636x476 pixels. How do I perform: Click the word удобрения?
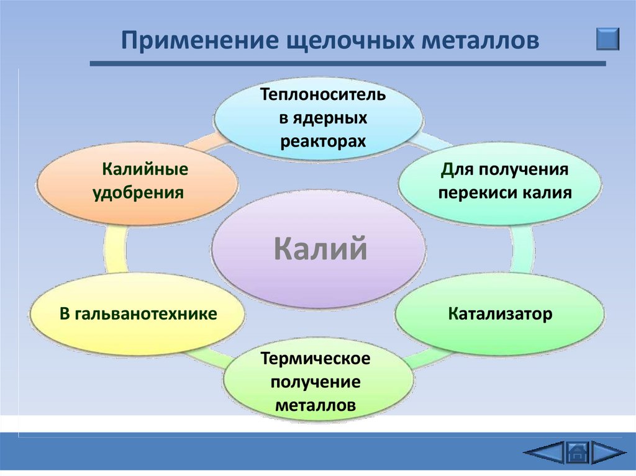(x=138, y=192)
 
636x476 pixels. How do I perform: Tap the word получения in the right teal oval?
(x=530, y=169)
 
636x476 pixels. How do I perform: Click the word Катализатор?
(x=500, y=313)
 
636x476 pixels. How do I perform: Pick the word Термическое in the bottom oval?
(x=316, y=359)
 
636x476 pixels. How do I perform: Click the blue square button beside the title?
(x=608, y=38)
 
